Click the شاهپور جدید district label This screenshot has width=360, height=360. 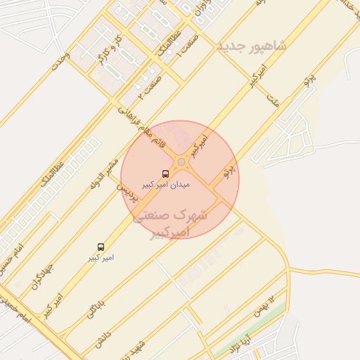click(x=252, y=46)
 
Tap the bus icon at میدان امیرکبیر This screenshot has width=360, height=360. click(x=166, y=173)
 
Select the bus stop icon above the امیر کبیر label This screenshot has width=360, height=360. click(x=101, y=247)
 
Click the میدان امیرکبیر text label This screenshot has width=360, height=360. click(x=166, y=184)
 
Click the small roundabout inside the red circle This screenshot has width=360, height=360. click(x=181, y=162)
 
